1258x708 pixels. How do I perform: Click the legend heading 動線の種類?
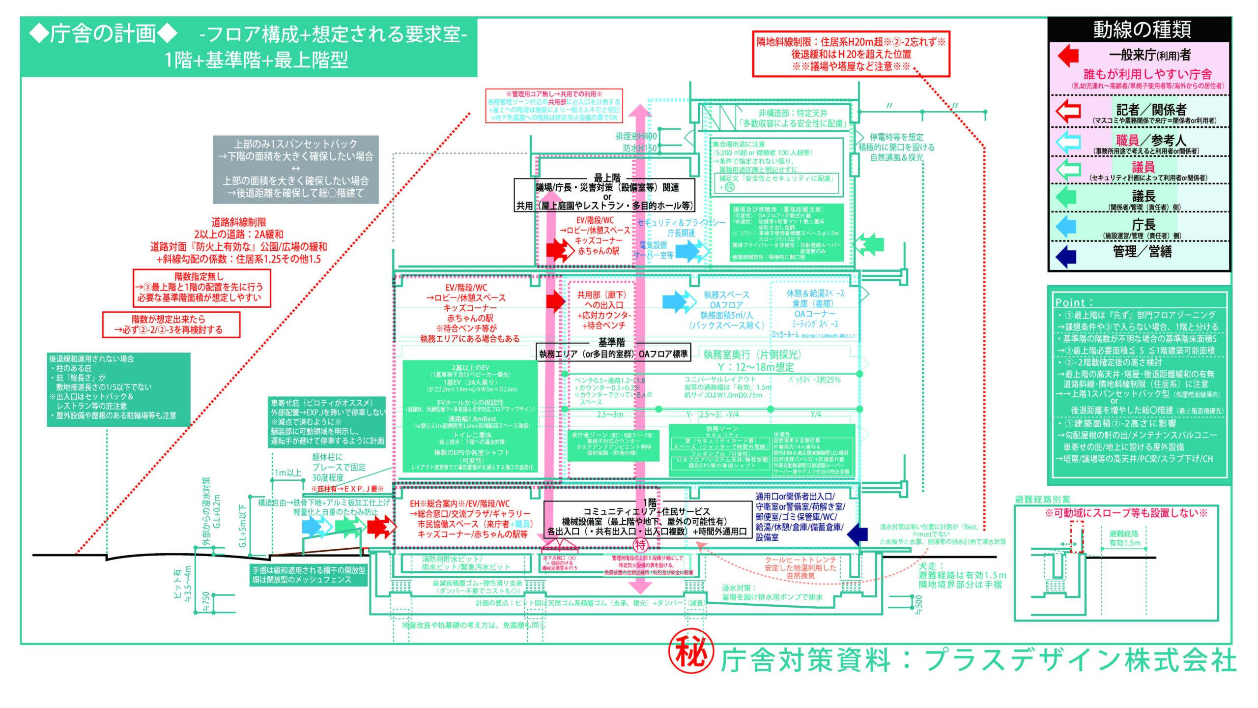1142,30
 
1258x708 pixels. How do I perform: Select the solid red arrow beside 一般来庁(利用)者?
1068,55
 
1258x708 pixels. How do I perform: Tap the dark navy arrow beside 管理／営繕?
1066,256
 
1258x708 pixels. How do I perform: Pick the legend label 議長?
1144,196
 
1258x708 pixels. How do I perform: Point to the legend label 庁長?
1144,225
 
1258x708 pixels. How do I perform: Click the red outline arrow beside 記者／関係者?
1068,111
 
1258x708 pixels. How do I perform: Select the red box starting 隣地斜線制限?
851,54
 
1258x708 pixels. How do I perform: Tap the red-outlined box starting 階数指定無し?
201,287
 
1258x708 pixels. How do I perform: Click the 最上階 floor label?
607,177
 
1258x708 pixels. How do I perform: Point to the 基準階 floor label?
612,342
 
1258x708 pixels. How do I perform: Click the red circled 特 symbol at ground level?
640,545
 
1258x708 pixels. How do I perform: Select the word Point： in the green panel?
1074,302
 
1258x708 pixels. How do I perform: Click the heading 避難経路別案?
1042,500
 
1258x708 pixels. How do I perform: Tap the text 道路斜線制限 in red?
239,222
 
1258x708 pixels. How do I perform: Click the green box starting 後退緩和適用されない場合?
118,388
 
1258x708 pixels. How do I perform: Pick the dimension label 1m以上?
288,472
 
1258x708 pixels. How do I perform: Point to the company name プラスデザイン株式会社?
1081,660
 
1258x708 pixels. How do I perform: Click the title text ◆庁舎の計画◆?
103,33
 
